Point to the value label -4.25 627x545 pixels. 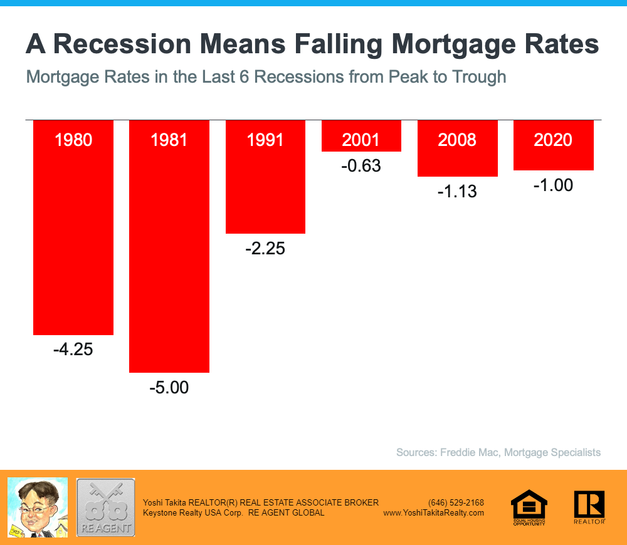(73, 350)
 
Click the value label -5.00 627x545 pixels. (169, 388)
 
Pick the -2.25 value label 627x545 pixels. (265, 249)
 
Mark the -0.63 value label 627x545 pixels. (361, 167)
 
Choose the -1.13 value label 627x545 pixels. (457, 191)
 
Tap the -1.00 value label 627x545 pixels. (553, 185)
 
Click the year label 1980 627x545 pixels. (73, 139)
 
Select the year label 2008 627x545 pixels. (457, 139)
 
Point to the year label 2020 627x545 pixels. (553, 139)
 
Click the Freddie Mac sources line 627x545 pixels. (498, 452)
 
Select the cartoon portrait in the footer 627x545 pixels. (37, 507)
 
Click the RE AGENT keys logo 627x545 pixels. (105, 507)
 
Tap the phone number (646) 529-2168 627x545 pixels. (456, 502)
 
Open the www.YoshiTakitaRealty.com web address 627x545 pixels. (433, 512)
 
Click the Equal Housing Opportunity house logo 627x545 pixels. (529, 506)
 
